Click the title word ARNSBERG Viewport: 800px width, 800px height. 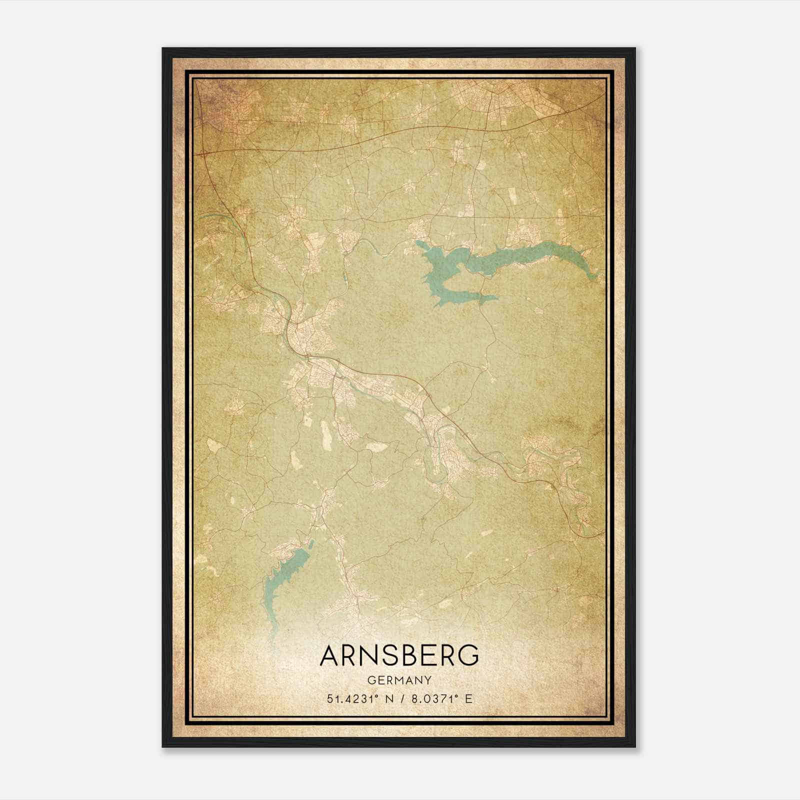[399, 656]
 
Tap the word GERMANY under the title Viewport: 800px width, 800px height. [399, 680]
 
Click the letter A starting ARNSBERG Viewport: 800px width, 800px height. [331, 656]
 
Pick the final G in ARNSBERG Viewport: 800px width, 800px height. [468, 656]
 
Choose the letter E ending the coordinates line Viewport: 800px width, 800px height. [468, 699]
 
